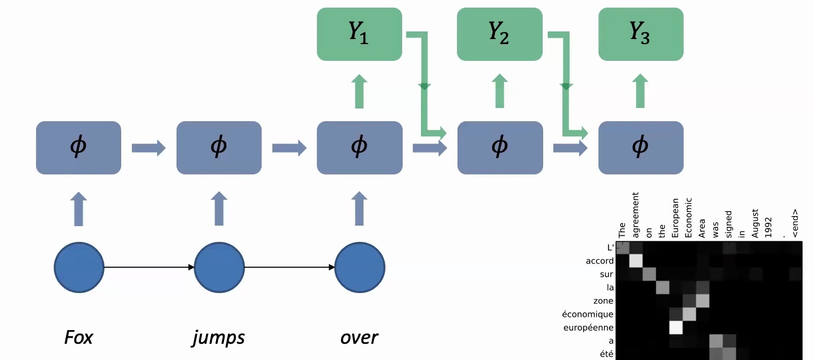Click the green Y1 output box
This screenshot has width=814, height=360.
click(359, 34)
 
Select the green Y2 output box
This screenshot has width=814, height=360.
click(500, 34)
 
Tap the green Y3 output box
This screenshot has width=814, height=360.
click(641, 34)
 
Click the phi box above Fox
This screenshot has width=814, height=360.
click(79, 148)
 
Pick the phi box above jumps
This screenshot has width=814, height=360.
click(219, 148)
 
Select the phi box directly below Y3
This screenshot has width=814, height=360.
click(641, 148)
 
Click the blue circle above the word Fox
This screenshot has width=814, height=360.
click(79, 267)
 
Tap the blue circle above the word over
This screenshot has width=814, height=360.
click(360, 267)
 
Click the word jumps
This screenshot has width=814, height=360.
click(219, 338)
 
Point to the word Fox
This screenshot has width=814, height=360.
click(79, 337)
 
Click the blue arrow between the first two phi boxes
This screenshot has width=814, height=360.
click(148, 148)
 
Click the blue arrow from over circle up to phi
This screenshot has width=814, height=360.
click(359, 208)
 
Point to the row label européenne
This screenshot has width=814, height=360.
click(588, 328)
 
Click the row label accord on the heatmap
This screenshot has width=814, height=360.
click(599, 261)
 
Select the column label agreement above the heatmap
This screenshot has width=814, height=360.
click(635, 214)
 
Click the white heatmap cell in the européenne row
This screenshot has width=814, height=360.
click(676, 328)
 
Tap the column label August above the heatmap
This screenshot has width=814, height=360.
click(755, 223)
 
